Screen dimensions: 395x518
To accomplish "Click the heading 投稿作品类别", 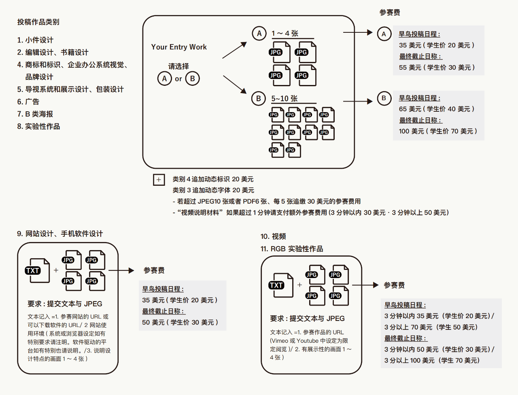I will click(x=38, y=22).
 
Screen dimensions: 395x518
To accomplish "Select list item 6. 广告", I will click(x=28, y=102).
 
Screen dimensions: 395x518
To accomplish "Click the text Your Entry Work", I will click(x=179, y=47).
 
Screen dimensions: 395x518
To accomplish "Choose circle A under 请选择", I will click(x=164, y=79).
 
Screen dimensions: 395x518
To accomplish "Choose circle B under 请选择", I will click(x=193, y=79).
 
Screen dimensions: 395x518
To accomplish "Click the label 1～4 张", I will click(x=285, y=33).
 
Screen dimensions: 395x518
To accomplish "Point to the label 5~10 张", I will click(x=284, y=98).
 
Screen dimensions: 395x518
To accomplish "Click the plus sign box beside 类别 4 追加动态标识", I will click(x=159, y=180).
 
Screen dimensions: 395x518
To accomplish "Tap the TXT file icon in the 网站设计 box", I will click(x=37, y=270).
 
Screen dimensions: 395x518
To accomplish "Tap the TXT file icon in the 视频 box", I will click(x=280, y=285).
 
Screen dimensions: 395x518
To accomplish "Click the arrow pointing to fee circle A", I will click(x=357, y=32).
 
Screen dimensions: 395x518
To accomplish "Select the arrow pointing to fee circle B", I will click(x=357, y=101).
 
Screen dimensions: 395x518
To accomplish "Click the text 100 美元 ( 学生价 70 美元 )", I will click(x=438, y=131).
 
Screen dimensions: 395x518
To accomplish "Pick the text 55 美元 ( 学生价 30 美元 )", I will click(x=437, y=68).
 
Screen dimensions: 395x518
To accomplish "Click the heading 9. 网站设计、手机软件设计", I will click(x=60, y=234).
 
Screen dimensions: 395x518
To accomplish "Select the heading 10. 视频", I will click(x=273, y=236).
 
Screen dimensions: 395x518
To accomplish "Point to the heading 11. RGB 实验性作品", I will click(x=292, y=248).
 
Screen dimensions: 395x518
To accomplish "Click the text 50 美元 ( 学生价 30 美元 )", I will click(x=180, y=322).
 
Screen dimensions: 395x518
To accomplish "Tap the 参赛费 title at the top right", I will click(x=390, y=13).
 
